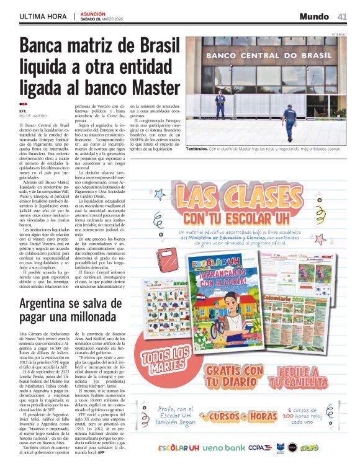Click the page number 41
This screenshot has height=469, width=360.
[342, 16]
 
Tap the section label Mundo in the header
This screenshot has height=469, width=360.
[315, 16]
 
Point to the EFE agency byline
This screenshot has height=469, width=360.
[23, 112]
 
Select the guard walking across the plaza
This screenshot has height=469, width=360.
[289, 122]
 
